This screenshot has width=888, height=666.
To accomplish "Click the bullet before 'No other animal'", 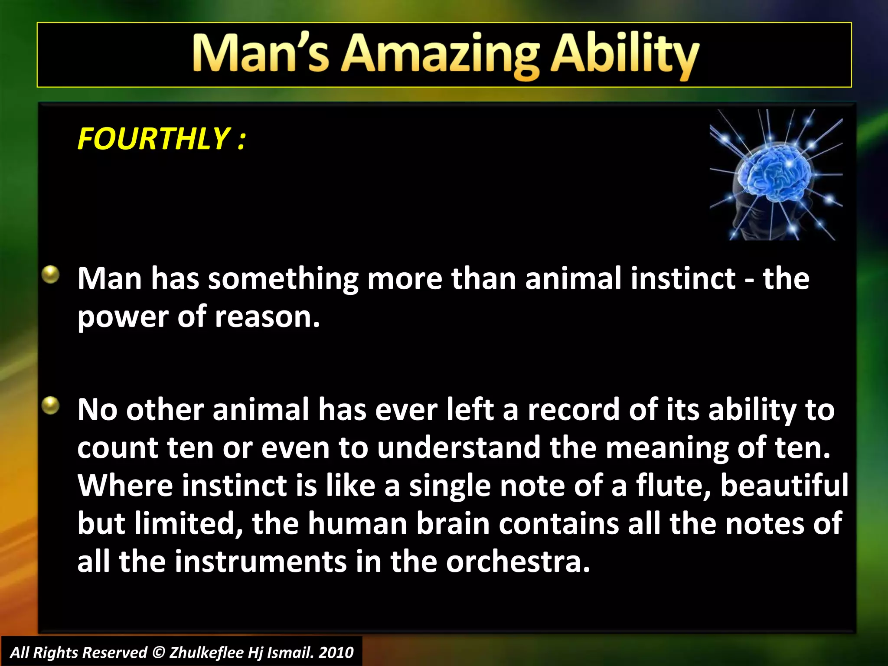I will click(51, 405).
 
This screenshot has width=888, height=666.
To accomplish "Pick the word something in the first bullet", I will click(283, 279).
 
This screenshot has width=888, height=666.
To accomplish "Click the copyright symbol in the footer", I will click(159, 653).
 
